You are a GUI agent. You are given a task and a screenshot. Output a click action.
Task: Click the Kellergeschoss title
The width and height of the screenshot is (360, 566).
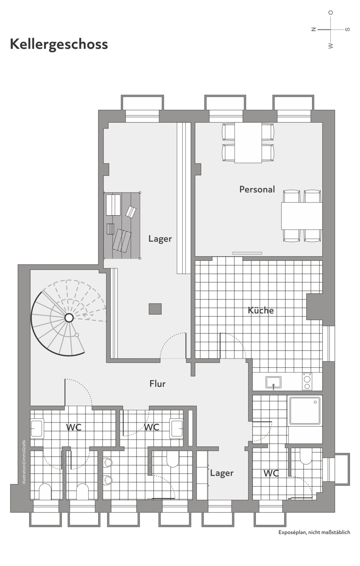coord(59,44)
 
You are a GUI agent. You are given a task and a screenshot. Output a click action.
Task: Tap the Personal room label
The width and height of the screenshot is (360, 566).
coord(257,189)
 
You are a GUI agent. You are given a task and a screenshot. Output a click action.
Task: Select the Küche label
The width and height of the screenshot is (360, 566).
coord(261,310)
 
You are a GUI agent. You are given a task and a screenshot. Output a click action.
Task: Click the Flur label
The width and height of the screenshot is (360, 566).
coord(158,384)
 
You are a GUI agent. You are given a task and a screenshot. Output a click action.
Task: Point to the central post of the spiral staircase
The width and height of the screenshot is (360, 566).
coord(69,318)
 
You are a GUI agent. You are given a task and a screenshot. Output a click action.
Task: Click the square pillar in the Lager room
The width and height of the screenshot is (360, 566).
coord(155,309)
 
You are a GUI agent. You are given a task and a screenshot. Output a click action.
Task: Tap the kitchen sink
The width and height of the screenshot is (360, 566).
coord(273,382)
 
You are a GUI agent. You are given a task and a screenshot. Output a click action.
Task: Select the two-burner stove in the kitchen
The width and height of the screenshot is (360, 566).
coord(307,381)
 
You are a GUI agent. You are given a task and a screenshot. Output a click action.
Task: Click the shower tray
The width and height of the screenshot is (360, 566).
coord(305,411)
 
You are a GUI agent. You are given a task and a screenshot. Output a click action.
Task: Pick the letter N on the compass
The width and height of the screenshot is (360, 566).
coord(314,29)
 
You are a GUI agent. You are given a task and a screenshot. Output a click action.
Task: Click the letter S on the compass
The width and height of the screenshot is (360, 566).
coord(348,29)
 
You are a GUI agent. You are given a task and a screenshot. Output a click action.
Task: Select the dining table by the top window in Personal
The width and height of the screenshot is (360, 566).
coord(248,143)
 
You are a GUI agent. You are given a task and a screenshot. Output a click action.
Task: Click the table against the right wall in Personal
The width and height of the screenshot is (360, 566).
coord(302,216)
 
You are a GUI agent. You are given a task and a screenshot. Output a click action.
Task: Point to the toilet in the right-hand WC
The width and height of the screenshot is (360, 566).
coord(305,457)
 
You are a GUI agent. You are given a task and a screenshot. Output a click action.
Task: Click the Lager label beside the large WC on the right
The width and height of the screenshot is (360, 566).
coord(222,473)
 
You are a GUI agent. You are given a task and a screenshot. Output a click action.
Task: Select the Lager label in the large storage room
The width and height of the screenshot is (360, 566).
coord(160,239)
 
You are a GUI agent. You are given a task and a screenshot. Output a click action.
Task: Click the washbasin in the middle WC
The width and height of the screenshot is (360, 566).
coord(176,428)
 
